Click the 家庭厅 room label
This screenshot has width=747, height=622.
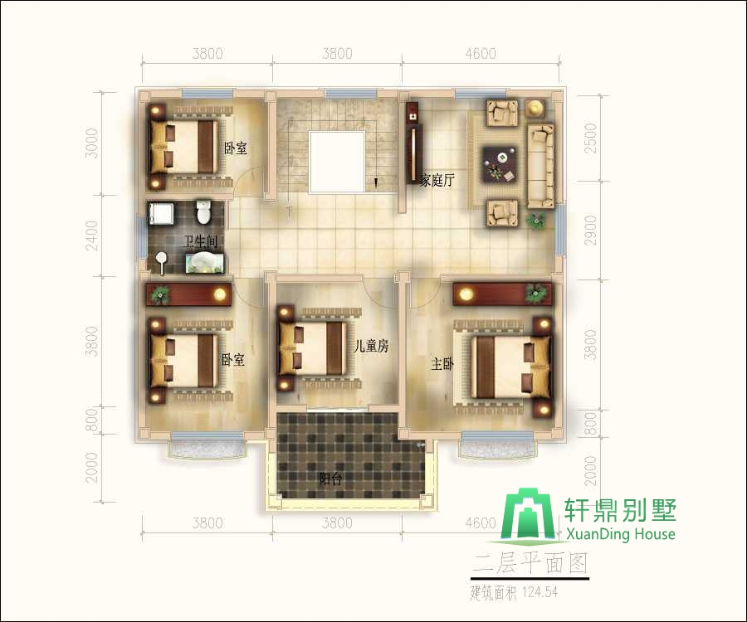(x=437, y=180)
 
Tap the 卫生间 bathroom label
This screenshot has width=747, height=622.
(x=201, y=242)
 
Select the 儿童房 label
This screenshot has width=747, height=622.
(x=371, y=346)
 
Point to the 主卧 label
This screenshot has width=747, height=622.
(x=442, y=364)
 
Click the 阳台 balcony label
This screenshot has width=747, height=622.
(x=330, y=479)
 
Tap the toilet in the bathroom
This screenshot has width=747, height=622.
(x=203, y=211)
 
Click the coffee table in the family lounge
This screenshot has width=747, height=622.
(x=500, y=163)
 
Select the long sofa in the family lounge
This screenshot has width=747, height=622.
(x=540, y=166)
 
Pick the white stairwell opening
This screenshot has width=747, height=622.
(x=337, y=163)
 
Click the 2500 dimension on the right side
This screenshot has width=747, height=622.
(x=590, y=138)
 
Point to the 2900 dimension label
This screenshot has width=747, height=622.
(x=590, y=231)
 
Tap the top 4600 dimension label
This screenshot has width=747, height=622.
(x=481, y=53)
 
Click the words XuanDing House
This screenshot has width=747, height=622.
(x=620, y=534)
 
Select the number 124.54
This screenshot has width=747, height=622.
(x=539, y=592)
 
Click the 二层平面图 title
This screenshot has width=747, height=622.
(x=530, y=564)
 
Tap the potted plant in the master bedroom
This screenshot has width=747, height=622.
(x=536, y=293)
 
